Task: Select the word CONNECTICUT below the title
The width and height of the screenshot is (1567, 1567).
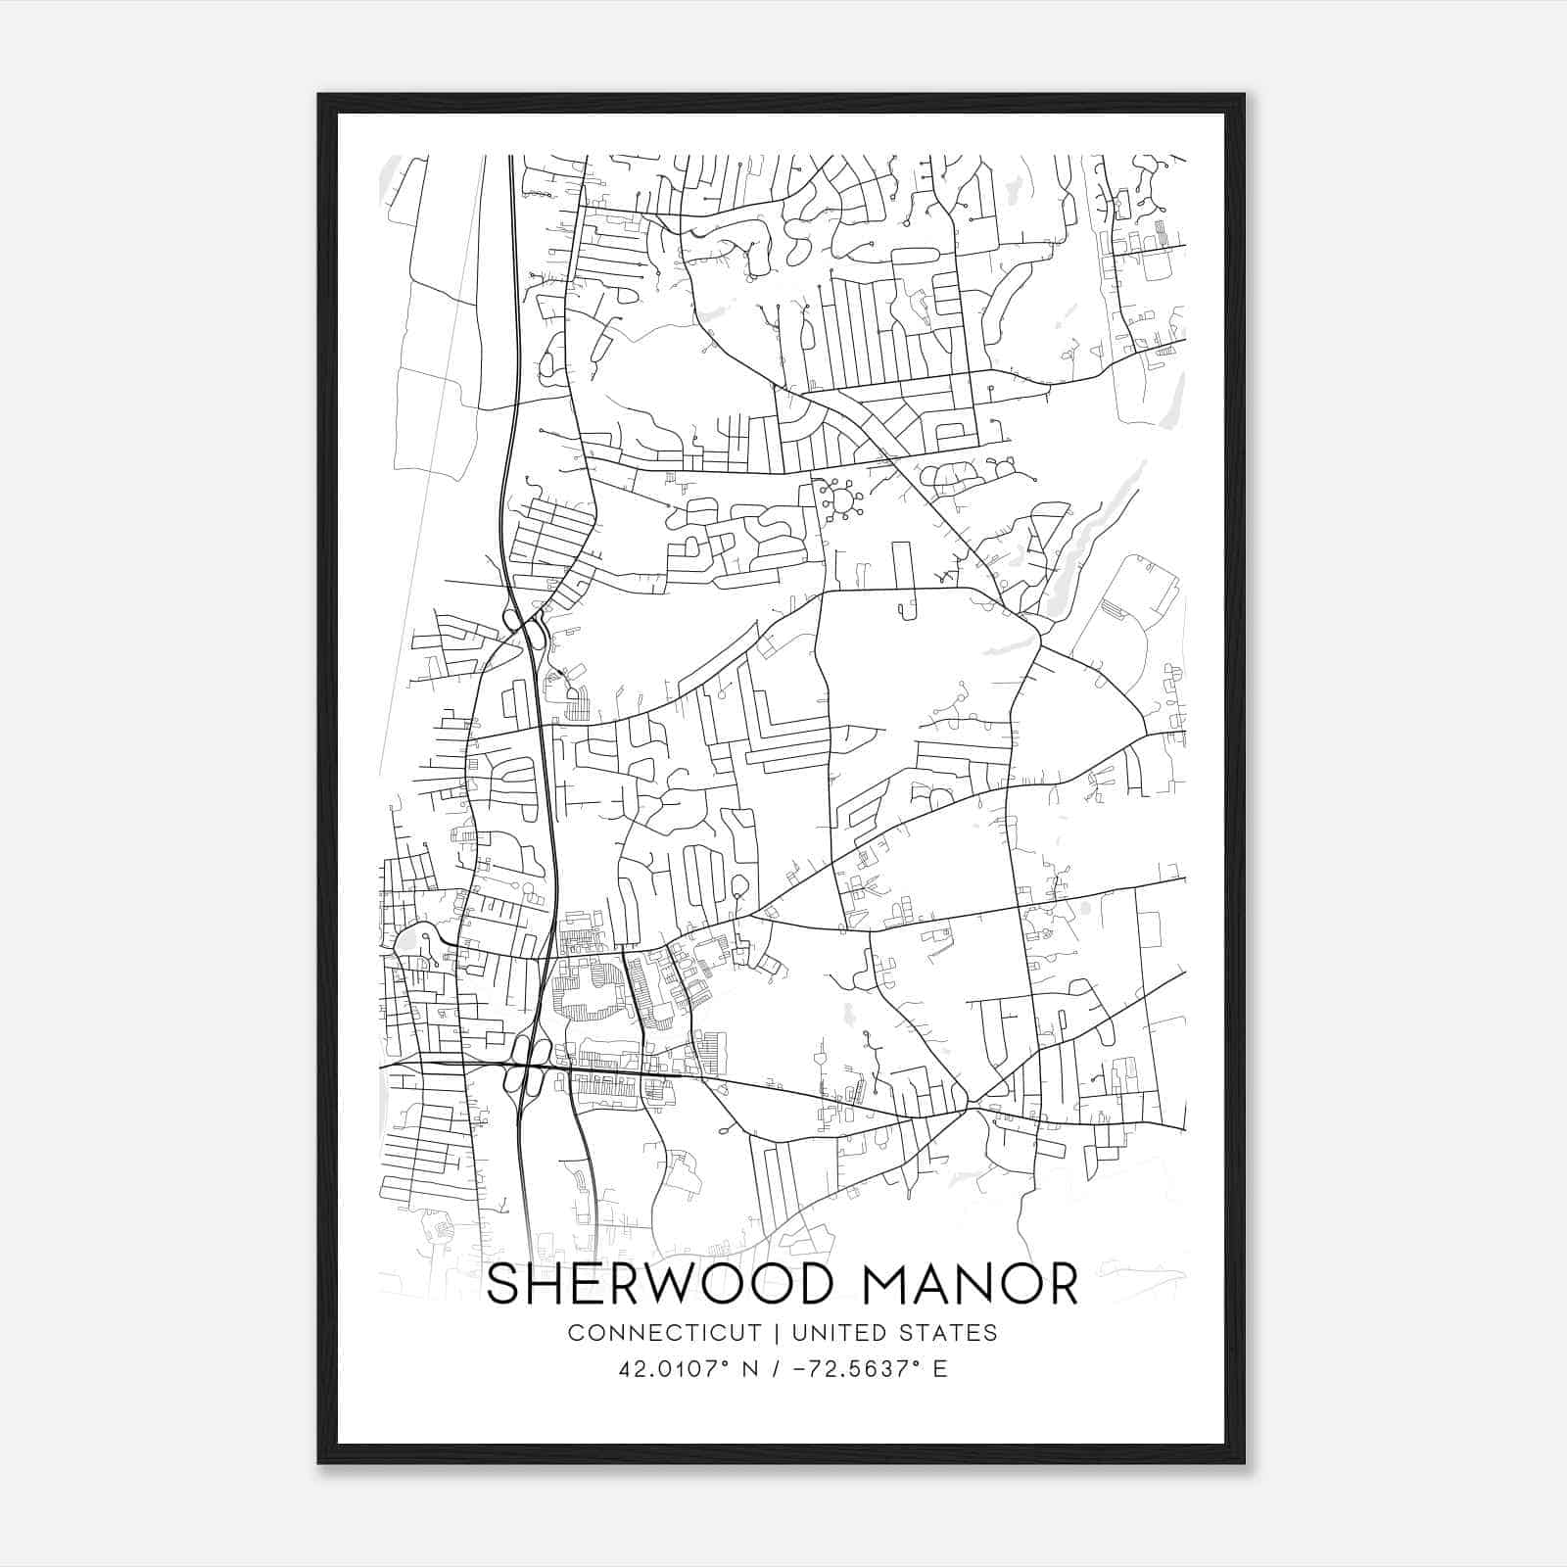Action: click(x=664, y=1333)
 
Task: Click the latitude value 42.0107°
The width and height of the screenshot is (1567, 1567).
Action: click(x=675, y=1369)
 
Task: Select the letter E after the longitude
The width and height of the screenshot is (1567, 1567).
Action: click(x=940, y=1369)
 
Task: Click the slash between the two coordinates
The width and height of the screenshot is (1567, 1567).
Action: click(x=778, y=1369)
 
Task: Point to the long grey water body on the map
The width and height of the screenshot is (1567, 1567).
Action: click(x=1097, y=544)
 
